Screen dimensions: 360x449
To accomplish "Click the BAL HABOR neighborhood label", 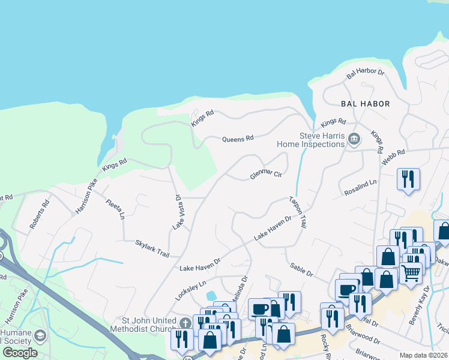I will coord(365,104).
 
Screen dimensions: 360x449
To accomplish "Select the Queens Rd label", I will coord(238,139).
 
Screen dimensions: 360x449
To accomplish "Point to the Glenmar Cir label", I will coord(266,175).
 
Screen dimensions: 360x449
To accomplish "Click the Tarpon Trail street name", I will coord(298,212).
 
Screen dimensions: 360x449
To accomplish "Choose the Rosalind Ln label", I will coord(360,188).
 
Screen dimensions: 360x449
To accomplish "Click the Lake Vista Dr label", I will coord(177,212).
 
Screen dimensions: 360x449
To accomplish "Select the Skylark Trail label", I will coord(152,248).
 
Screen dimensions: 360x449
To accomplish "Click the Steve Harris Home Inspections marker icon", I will coord(354,140).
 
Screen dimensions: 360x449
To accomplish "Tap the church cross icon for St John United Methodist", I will coord(186,323).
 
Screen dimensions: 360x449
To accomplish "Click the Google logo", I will coord(20,353).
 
